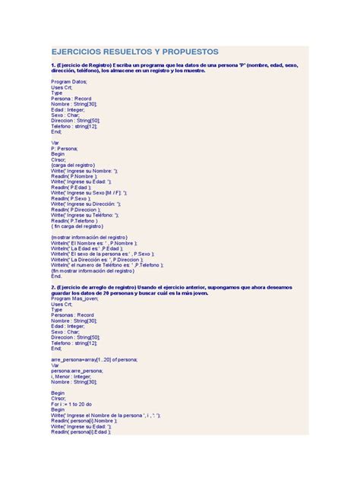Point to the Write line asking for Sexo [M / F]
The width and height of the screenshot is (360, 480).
(x=94, y=194)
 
